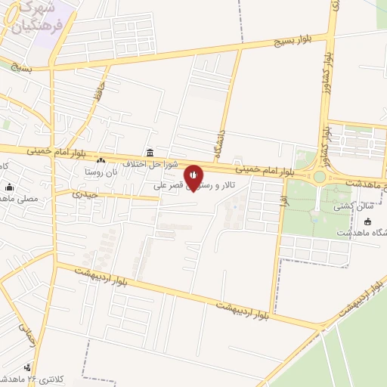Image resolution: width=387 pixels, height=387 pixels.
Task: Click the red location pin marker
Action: pyautogui.click(x=193, y=176)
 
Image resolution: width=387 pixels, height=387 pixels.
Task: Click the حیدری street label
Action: pyautogui.click(x=85, y=194)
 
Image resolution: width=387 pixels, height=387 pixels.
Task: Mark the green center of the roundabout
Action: pyautogui.click(x=320, y=177)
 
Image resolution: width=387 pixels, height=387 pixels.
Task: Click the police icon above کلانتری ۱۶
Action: pyautogui.click(x=29, y=368)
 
